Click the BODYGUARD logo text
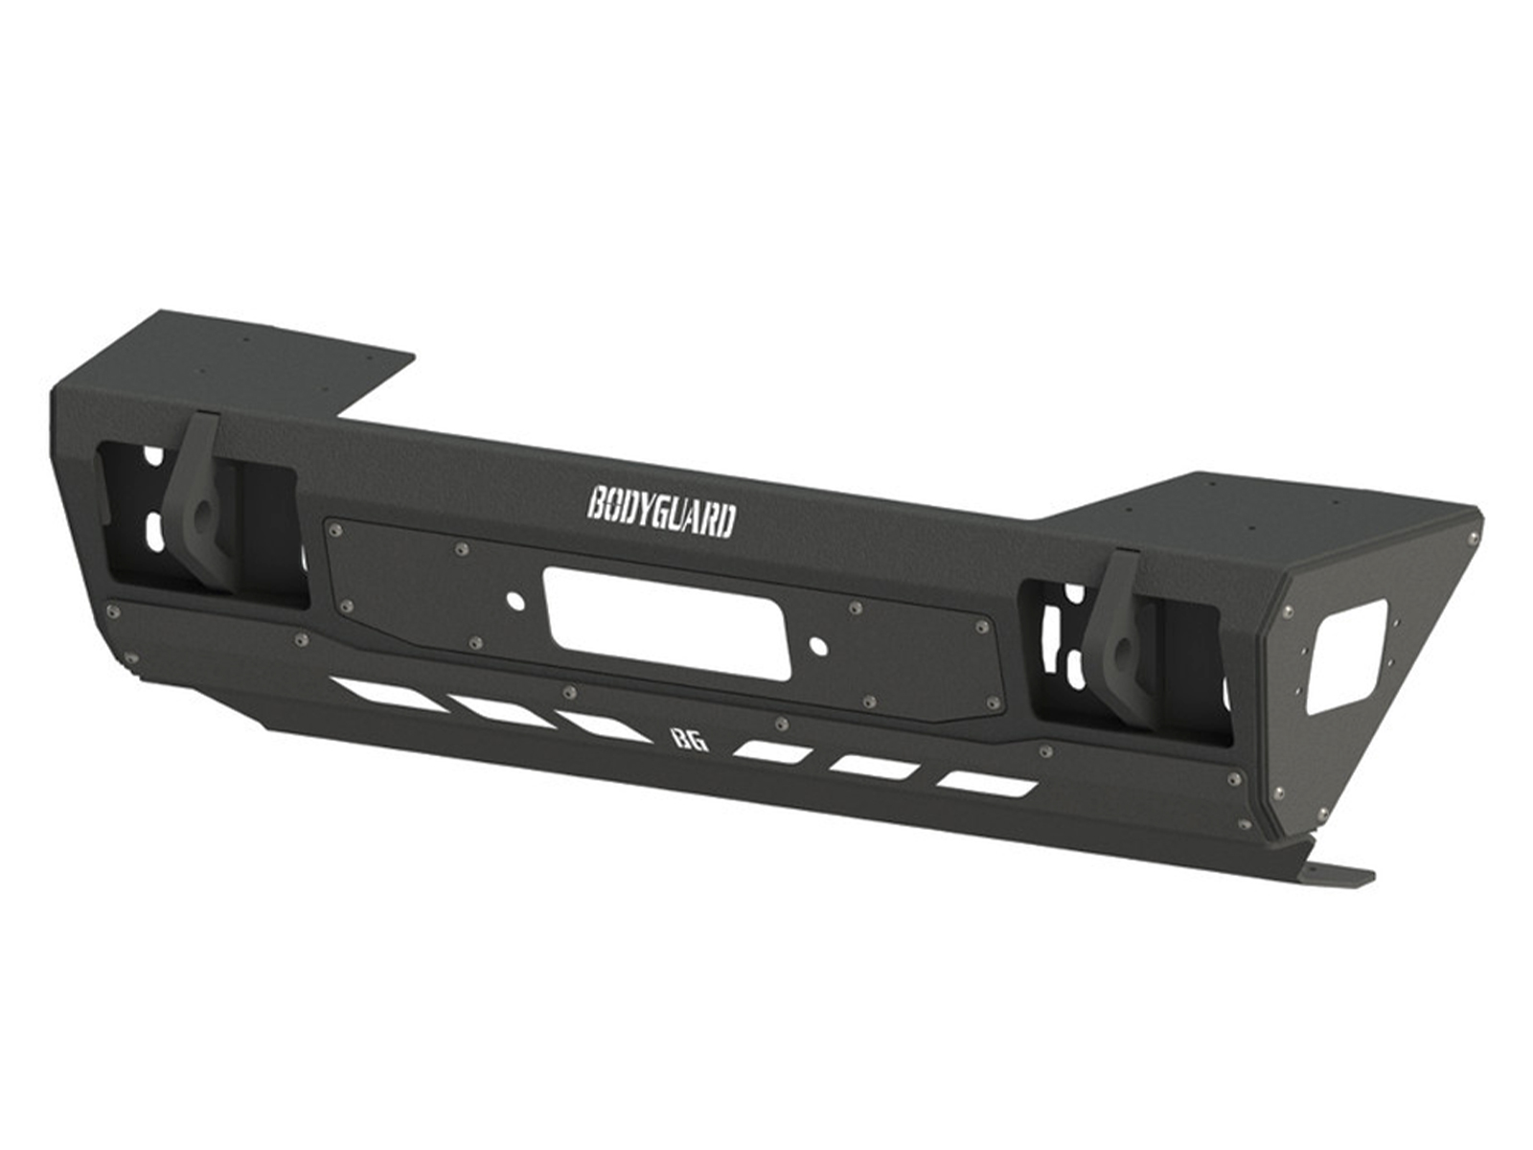(661, 516)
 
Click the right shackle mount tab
(1115, 632)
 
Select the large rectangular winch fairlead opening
(648, 620)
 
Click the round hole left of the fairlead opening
(516, 602)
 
